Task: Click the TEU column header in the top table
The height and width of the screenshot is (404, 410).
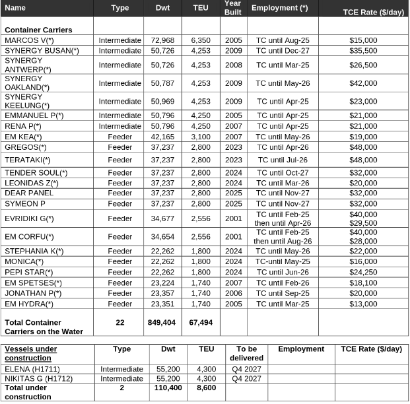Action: [x=201, y=8]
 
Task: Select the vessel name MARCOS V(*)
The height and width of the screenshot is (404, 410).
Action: [x=30, y=40]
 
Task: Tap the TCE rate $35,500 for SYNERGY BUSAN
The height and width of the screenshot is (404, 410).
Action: [x=363, y=50]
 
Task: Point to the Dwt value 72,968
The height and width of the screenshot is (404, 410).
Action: [x=162, y=40]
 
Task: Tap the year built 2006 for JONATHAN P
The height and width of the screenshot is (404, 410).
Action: [x=233, y=293]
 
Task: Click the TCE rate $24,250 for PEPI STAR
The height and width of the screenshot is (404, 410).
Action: [x=363, y=272]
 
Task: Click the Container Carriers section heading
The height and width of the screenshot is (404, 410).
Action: [x=38, y=30]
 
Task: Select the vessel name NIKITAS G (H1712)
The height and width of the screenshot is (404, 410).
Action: [x=39, y=379]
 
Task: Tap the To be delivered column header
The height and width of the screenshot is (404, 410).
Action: [x=246, y=353]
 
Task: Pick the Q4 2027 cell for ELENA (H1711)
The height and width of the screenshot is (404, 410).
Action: [x=246, y=369]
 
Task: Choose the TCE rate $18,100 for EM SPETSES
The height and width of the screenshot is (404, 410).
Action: [x=363, y=283]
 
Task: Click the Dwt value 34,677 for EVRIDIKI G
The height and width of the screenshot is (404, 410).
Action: [x=162, y=219]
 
